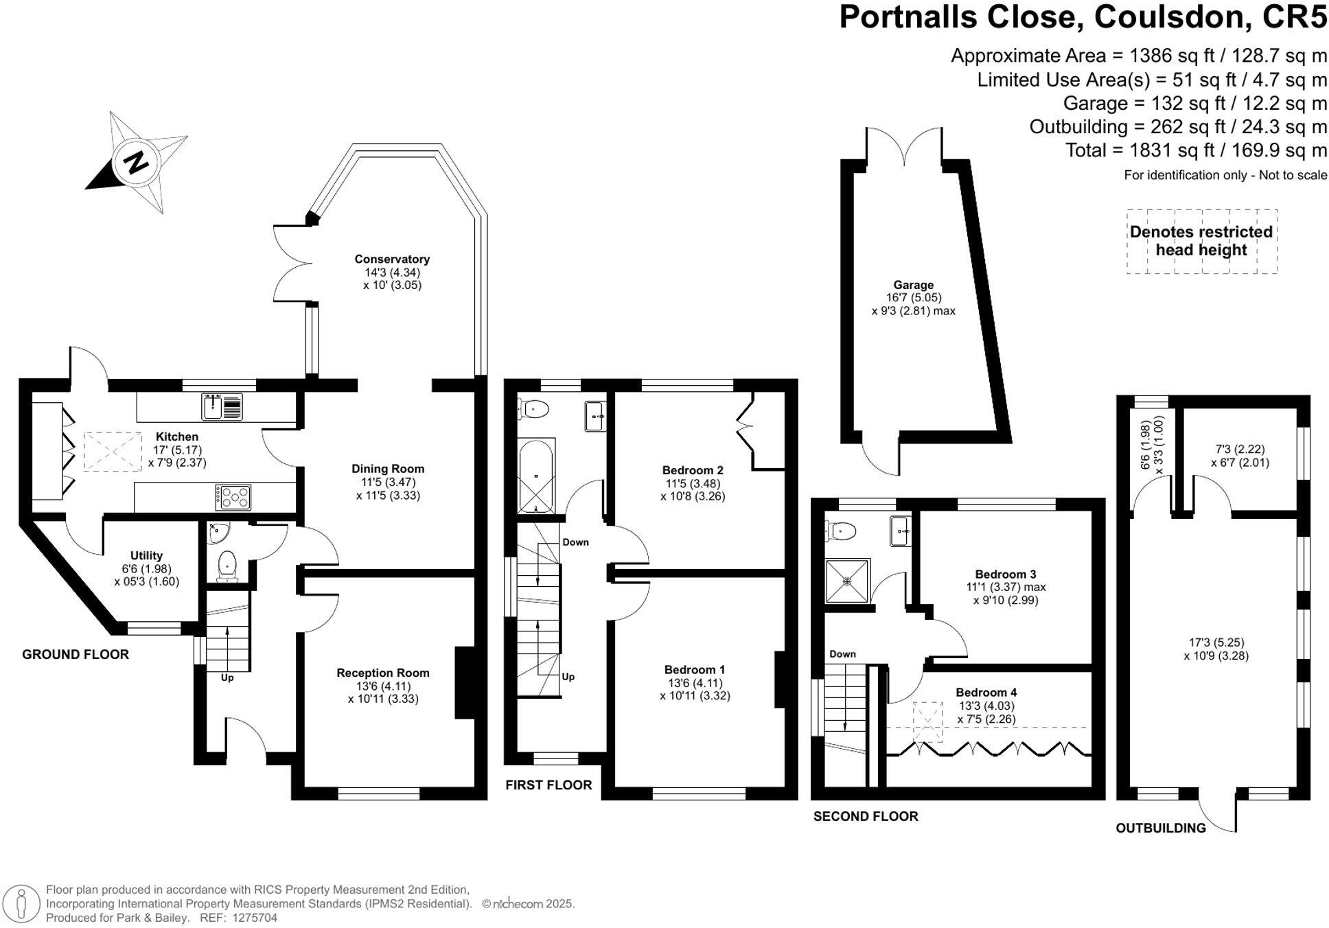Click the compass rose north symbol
coord(137,162)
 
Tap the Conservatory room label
coord(392,259)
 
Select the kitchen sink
coord(222,407)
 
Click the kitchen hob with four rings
coord(233,497)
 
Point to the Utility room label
coord(146,556)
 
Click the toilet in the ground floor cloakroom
coord(227,566)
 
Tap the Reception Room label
coord(382,673)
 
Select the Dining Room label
coord(388,469)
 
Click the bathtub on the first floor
coord(535,476)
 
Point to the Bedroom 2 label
coord(693,470)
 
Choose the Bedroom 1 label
coord(695,670)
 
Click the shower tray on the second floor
coord(847,581)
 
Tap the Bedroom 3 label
coord(1006,575)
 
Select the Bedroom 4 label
coord(986,693)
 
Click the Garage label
coord(913,285)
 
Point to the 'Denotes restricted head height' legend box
coord(1201,241)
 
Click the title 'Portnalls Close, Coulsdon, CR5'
coord(1083,17)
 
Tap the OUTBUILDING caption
coord(1160,828)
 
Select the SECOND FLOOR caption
coord(865,817)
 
